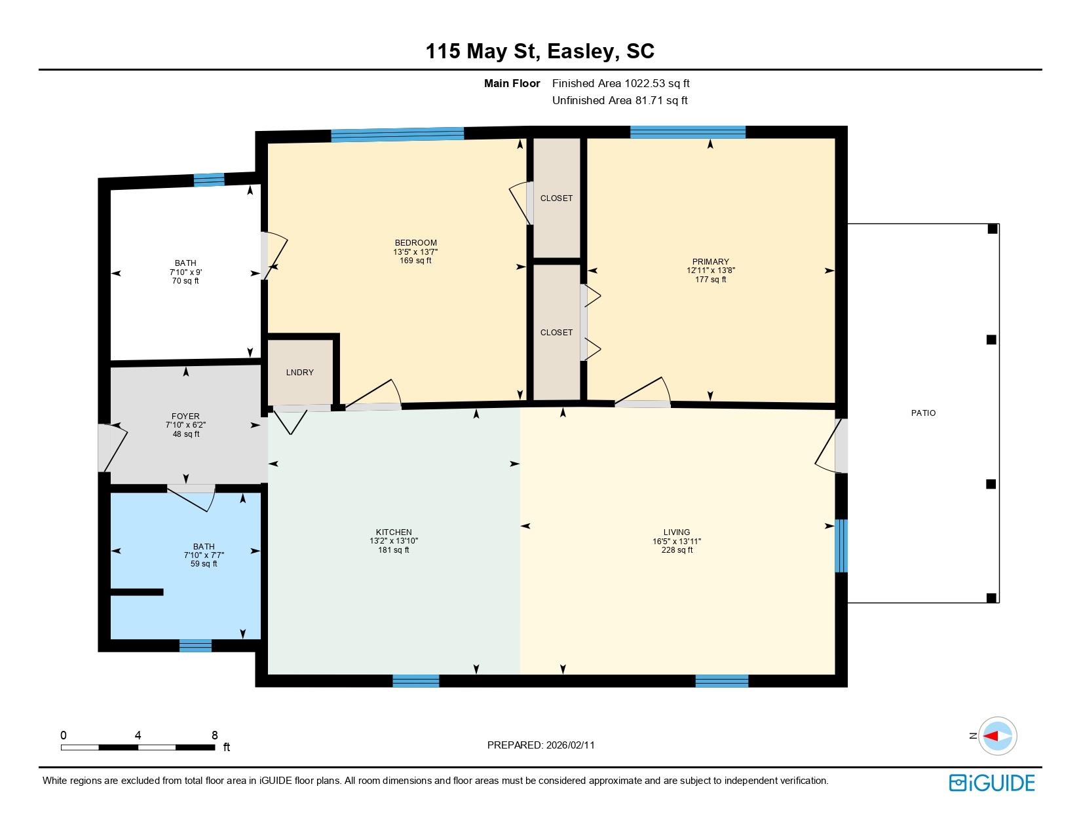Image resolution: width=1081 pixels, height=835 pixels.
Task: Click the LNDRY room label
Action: [x=299, y=373]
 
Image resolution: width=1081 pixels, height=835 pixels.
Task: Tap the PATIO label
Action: [x=923, y=413]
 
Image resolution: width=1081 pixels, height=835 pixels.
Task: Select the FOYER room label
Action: [x=185, y=417]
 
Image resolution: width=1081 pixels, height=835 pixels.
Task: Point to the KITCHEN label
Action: [x=394, y=532]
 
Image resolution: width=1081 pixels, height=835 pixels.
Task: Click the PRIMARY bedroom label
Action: [x=710, y=261]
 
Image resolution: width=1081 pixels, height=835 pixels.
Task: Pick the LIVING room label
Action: [x=677, y=532]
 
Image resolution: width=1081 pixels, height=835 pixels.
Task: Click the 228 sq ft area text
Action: [x=677, y=550]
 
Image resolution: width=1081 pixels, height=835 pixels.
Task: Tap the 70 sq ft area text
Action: [x=185, y=281]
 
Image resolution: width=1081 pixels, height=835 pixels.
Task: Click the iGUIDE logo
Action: [x=991, y=783]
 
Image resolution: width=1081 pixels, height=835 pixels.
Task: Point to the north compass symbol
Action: [x=997, y=736]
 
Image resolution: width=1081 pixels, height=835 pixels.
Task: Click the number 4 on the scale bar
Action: [x=138, y=735]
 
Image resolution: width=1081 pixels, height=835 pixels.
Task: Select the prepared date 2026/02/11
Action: [x=570, y=745]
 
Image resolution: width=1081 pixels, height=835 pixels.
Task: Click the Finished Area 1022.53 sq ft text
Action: [x=621, y=84]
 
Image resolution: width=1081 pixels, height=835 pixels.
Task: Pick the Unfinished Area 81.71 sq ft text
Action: [x=620, y=100]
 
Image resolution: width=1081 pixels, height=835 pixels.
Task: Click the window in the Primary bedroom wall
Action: [x=688, y=132]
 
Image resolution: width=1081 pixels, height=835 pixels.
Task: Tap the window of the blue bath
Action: [x=195, y=646]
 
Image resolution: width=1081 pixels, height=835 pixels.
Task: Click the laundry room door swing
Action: [x=291, y=420]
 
